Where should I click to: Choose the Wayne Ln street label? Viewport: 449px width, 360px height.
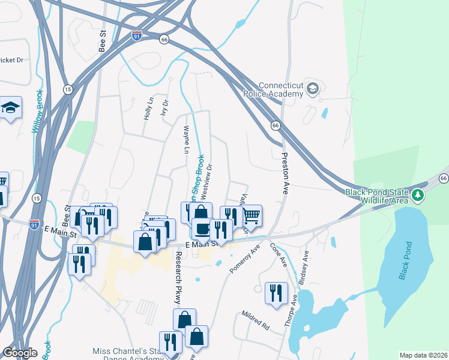click(187, 139)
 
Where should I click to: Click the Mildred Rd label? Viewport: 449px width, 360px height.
click(255, 320)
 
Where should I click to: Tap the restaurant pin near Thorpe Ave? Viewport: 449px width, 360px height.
click(275, 292)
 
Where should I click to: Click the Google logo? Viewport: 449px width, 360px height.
click(20, 353)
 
